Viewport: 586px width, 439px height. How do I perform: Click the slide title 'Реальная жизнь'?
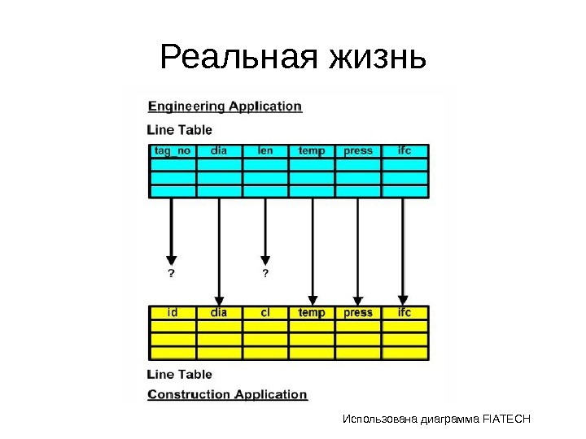293,58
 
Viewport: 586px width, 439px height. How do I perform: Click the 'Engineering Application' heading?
225,106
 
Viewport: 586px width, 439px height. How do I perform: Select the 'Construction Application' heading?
227,394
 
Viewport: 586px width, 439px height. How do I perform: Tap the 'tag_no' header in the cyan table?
172,150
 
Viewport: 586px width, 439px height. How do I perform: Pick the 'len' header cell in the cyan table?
265,150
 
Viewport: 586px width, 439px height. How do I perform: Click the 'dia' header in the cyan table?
219,150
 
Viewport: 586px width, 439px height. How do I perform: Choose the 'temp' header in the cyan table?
312,150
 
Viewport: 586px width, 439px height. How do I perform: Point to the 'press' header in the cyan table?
358,150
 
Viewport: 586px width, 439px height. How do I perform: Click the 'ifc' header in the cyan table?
405,150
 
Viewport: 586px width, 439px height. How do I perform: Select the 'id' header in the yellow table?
173,312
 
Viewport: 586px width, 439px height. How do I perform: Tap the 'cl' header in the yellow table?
265,312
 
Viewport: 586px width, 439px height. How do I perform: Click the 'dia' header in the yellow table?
219,312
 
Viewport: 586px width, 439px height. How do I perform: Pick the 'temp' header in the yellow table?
312,312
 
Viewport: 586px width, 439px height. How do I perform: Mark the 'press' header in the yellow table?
358,312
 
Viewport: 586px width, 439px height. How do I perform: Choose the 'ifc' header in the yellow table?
405,312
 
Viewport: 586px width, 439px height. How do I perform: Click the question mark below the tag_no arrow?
171,272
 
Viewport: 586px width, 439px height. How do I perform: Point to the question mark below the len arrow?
265,272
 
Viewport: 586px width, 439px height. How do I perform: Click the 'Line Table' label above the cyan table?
179,128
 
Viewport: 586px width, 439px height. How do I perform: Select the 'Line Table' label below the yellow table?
179,374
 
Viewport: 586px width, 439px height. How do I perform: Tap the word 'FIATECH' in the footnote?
506,419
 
